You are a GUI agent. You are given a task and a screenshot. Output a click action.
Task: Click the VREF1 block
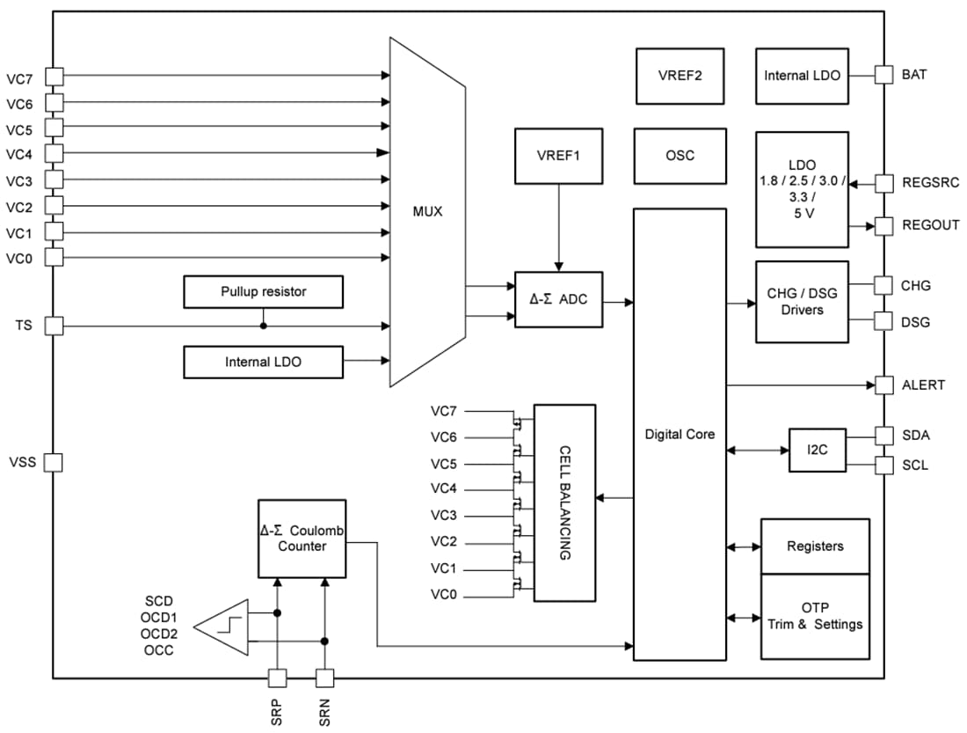(x=559, y=156)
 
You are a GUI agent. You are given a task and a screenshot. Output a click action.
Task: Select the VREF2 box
(x=680, y=75)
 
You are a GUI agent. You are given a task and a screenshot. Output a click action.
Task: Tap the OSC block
(x=680, y=156)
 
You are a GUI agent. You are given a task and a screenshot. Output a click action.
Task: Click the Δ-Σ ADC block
(x=559, y=300)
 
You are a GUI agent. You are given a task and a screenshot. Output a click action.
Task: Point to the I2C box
(x=816, y=450)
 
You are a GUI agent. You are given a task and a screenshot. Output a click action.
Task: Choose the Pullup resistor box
(x=264, y=291)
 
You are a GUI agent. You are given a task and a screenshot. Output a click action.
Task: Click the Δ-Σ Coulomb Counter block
(x=302, y=539)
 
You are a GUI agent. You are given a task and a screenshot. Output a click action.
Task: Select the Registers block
(x=814, y=546)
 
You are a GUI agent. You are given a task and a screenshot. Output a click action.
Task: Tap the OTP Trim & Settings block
(x=814, y=616)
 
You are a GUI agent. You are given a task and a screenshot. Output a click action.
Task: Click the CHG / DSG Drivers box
(x=802, y=301)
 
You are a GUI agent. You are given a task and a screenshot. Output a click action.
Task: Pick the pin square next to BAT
(x=884, y=75)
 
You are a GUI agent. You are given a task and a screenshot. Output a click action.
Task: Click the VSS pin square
(x=54, y=462)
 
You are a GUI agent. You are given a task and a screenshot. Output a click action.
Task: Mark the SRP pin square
(x=277, y=678)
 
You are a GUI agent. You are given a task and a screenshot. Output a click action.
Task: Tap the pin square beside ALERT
(x=884, y=385)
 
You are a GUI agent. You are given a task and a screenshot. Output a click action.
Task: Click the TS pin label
(x=23, y=326)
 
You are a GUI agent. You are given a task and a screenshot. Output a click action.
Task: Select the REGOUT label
(x=930, y=225)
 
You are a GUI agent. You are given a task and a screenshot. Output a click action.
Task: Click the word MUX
(x=427, y=212)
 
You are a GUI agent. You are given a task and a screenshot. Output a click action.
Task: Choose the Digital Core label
(x=680, y=434)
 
